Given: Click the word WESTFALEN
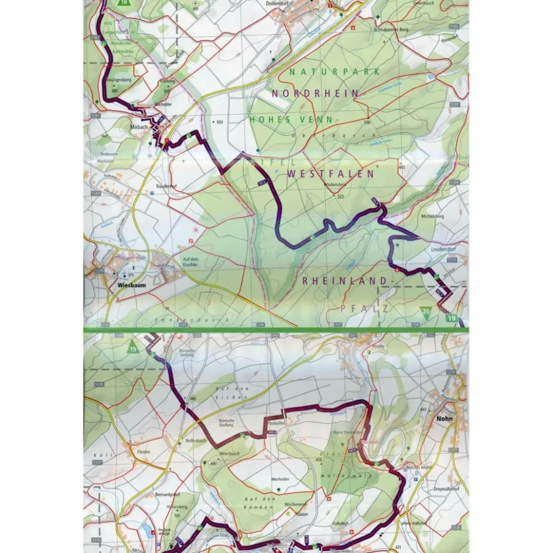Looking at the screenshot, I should [330, 174].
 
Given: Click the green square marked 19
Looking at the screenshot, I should [450, 318].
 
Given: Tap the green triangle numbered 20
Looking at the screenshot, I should [426, 311].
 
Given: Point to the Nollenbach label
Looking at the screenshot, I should [196, 440].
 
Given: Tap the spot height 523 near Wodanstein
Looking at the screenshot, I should [340, 197].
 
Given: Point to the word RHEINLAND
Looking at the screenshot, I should [344, 281].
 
